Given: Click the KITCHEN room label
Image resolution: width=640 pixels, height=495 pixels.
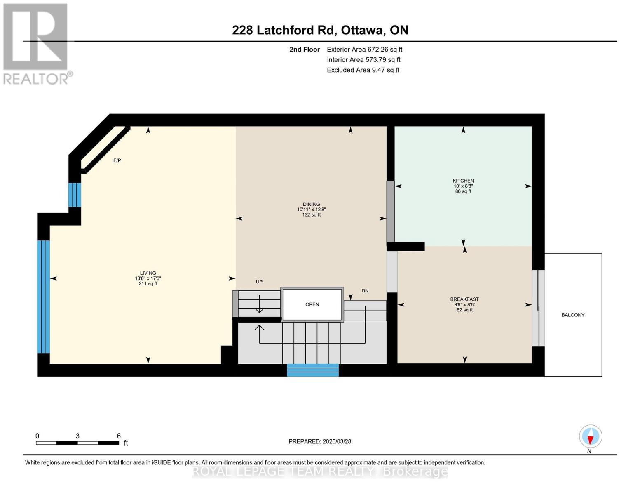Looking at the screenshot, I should click(x=463, y=181).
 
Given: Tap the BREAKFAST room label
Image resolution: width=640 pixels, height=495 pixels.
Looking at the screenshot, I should click(x=464, y=299).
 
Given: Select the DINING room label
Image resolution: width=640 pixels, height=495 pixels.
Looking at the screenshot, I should click(x=311, y=204).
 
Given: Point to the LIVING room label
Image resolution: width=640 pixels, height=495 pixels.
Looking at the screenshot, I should click(x=148, y=273).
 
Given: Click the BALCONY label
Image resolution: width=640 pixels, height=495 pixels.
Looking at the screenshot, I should click(x=573, y=315).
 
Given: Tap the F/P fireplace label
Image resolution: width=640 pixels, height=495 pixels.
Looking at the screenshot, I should click(x=117, y=160).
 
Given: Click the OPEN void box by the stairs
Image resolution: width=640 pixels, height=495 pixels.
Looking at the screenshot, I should click(x=312, y=304).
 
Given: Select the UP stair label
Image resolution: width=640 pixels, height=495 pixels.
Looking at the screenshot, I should click(x=259, y=282).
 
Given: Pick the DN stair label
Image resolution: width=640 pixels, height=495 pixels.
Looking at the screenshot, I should click(x=365, y=291).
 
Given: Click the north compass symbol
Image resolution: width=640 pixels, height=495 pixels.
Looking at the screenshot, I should click(x=590, y=436).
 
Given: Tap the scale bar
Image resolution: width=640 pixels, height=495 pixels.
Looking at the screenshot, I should click(x=77, y=443).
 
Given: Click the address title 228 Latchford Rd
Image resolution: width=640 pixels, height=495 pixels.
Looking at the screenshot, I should click(x=320, y=30).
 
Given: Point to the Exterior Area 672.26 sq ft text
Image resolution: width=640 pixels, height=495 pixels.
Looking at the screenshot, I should click(x=364, y=49).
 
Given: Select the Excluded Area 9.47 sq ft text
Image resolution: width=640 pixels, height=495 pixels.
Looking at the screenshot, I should click(x=363, y=70).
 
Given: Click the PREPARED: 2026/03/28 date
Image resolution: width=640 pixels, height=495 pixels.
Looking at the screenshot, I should click(x=320, y=441).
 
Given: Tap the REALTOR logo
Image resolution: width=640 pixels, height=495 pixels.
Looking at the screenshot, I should click(x=36, y=43).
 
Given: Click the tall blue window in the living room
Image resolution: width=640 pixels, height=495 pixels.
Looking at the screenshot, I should click(x=43, y=297).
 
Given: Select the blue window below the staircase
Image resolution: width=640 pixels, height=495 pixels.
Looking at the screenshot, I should click(x=313, y=370).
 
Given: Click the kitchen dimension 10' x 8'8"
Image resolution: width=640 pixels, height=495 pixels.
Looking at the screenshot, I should click(x=463, y=186).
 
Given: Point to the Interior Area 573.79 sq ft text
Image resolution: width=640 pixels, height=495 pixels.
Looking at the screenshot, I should click(x=363, y=60).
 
